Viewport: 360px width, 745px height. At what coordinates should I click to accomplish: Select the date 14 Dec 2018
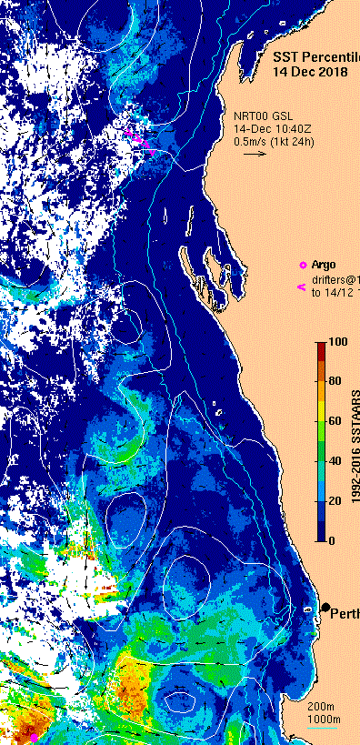click(x=312, y=72)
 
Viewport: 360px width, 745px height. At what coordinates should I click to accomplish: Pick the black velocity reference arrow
click(x=255, y=154)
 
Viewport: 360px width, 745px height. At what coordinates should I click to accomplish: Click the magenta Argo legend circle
click(x=303, y=265)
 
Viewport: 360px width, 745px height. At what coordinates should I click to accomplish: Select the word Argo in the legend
click(x=324, y=265)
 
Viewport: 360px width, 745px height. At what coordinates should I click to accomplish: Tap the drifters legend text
click(x=335, y=278)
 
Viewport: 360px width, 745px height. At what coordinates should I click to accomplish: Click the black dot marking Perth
click(x=325, y=607)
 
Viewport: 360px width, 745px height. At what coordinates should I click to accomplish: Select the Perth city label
click(x=345, y=611)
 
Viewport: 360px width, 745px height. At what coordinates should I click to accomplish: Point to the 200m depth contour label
click(x=322, y=707)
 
